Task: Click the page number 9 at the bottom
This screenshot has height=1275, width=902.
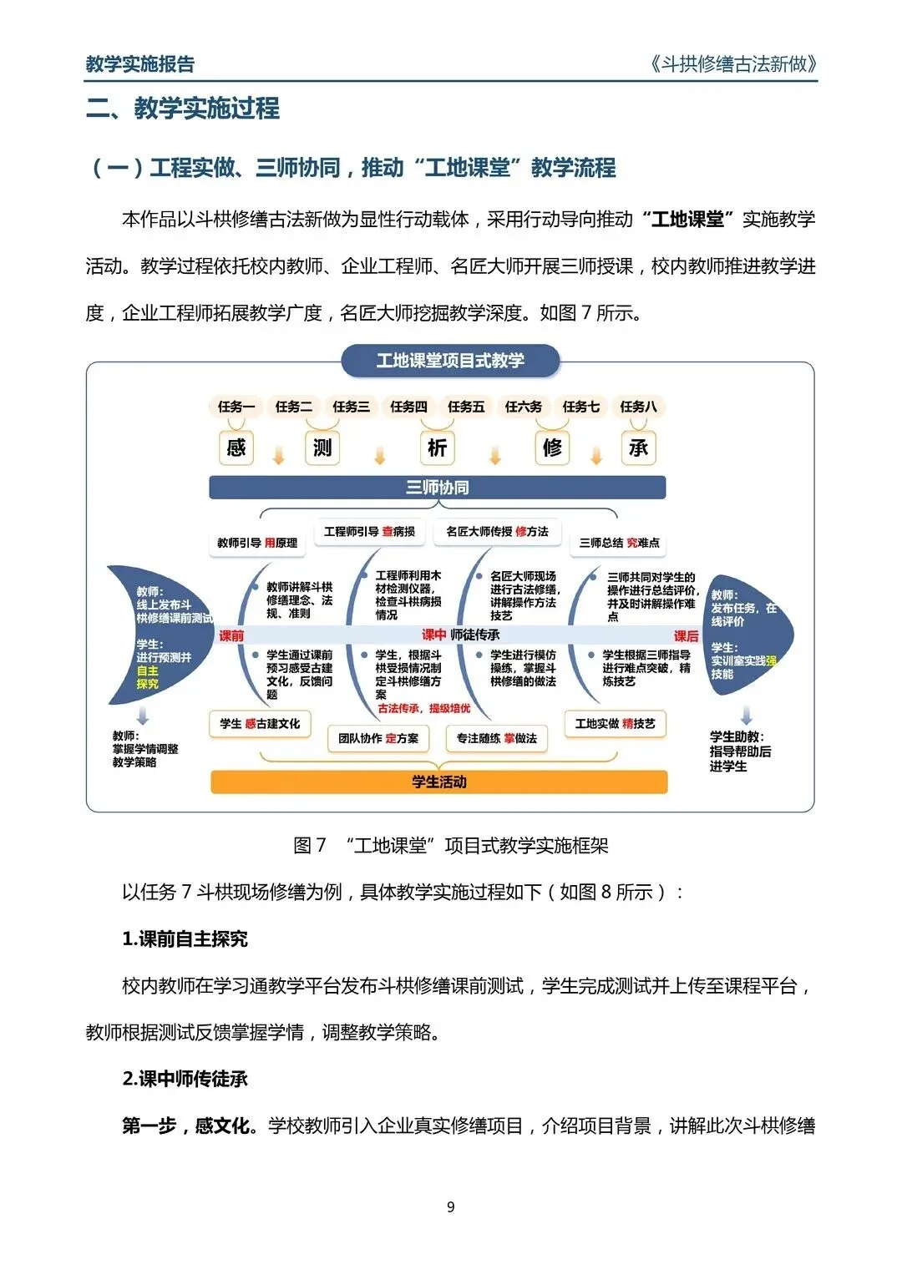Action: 451,1207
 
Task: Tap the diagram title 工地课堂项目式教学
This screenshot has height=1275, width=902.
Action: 450,361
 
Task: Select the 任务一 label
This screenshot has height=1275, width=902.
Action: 236,407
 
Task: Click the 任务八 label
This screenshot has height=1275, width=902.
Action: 638,407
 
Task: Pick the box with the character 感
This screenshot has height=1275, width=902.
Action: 236,448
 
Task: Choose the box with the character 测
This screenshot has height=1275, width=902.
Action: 322,448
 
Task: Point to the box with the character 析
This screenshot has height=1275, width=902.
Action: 437,448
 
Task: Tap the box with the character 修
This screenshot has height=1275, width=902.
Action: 552,448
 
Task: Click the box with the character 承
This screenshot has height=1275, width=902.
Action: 638,448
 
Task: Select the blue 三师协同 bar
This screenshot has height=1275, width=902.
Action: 437,488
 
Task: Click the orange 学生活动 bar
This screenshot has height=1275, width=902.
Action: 438,782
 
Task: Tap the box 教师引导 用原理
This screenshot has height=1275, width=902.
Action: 257,543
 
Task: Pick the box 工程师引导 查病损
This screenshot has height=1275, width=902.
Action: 369,531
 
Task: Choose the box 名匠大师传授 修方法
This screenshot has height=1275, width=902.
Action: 497,531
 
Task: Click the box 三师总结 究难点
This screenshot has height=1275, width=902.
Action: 619,543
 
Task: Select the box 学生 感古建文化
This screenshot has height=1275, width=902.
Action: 260,724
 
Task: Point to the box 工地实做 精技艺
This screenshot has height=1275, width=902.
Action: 616,724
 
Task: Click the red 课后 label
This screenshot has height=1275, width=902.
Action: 686,636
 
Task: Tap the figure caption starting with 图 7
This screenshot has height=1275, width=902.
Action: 451,846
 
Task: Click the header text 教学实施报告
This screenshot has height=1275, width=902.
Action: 140,64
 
